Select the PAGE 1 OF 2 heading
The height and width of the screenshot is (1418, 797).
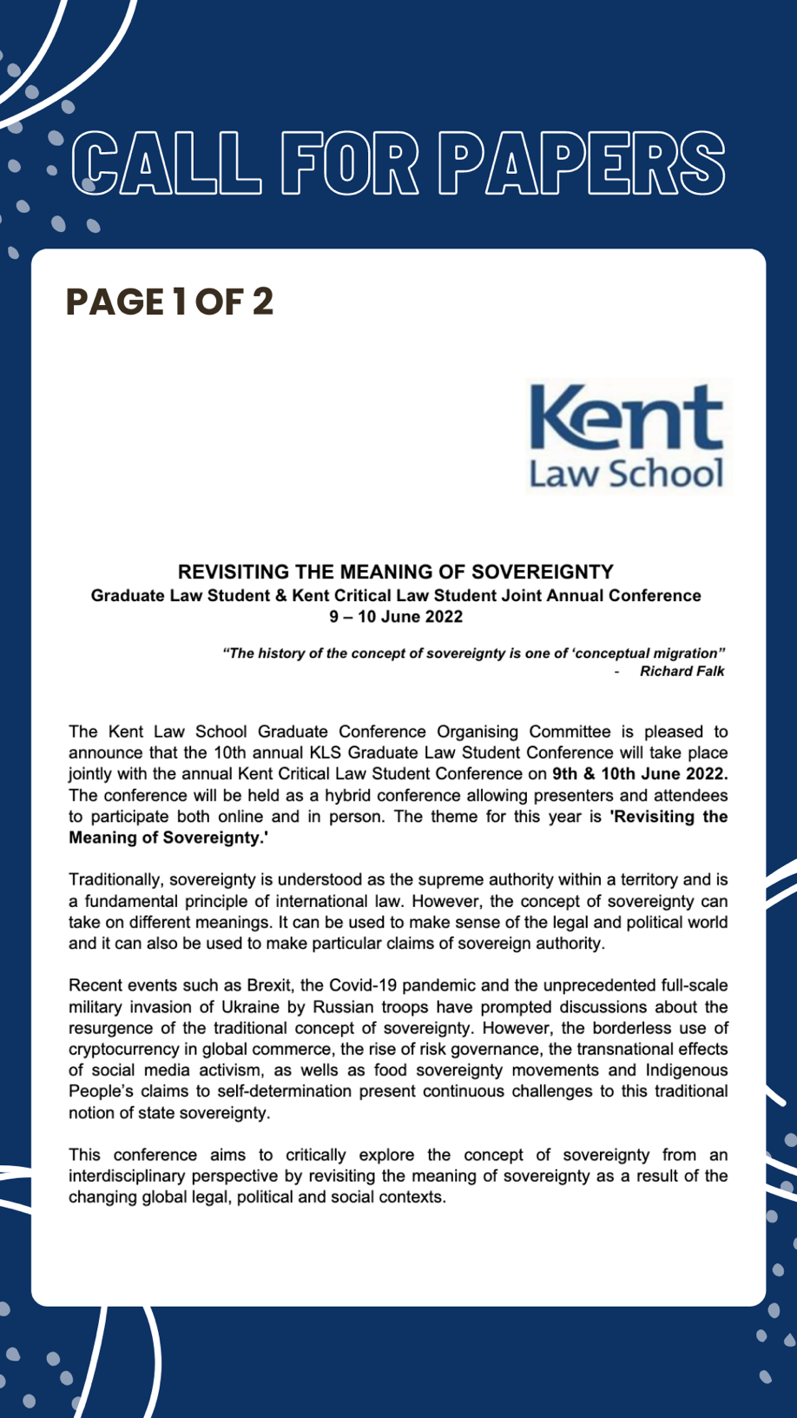169,301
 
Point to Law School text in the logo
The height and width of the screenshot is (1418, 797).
625,474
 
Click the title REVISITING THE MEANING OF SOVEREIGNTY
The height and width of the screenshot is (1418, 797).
395,572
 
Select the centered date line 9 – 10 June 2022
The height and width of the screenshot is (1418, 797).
395,617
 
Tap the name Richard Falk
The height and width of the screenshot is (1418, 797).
682,671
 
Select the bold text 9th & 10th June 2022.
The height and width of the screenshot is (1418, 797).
639,774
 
